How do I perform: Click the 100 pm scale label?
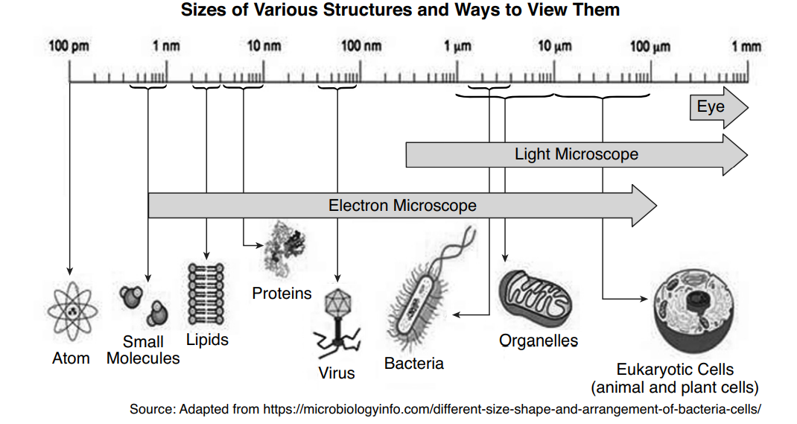(x=69, y=46)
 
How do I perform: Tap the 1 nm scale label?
(x=166, y=46)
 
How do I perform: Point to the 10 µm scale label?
(x=554, y=46)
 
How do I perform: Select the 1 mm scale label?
(x=746, y=46)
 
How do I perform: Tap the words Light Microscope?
(x=576, y=154)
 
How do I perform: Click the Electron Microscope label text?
(x=402, y=205)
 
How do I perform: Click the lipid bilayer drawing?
(x=206, y=294)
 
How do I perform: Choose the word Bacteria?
(x=414, y=364)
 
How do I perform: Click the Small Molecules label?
(x=143, y=350)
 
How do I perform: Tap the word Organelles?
(x=538, y=341)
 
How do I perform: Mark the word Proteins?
(x=282, y=293)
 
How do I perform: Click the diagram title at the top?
(x=399, y=10)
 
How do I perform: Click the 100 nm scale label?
(x=361, y=46)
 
